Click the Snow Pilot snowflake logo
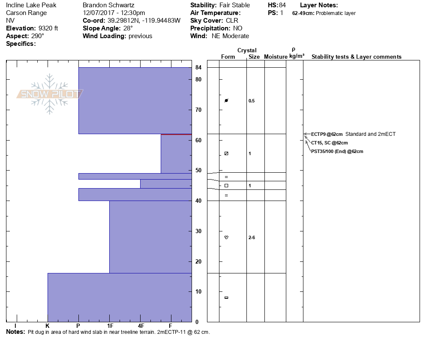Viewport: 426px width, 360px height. tap(50, 94)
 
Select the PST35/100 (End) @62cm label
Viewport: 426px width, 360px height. tap(337, 151)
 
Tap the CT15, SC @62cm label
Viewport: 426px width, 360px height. tap(329, 143)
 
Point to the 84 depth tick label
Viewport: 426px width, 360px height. tap(198, 68)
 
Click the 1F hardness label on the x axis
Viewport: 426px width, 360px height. tap(110, 326)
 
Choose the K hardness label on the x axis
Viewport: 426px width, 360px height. tap(48, 326)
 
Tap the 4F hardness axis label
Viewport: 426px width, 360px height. tap(141, 326)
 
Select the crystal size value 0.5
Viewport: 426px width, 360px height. tap(252, 101)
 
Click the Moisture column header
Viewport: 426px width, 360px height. tap(276, 57)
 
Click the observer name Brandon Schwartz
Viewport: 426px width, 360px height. tap(109, 5)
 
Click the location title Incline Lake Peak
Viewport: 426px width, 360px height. tap(31, 5)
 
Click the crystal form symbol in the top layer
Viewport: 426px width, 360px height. tap(227, 100)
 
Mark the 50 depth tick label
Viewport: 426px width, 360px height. tap(198, 171)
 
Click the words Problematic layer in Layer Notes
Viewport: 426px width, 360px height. tap(336, 13)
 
